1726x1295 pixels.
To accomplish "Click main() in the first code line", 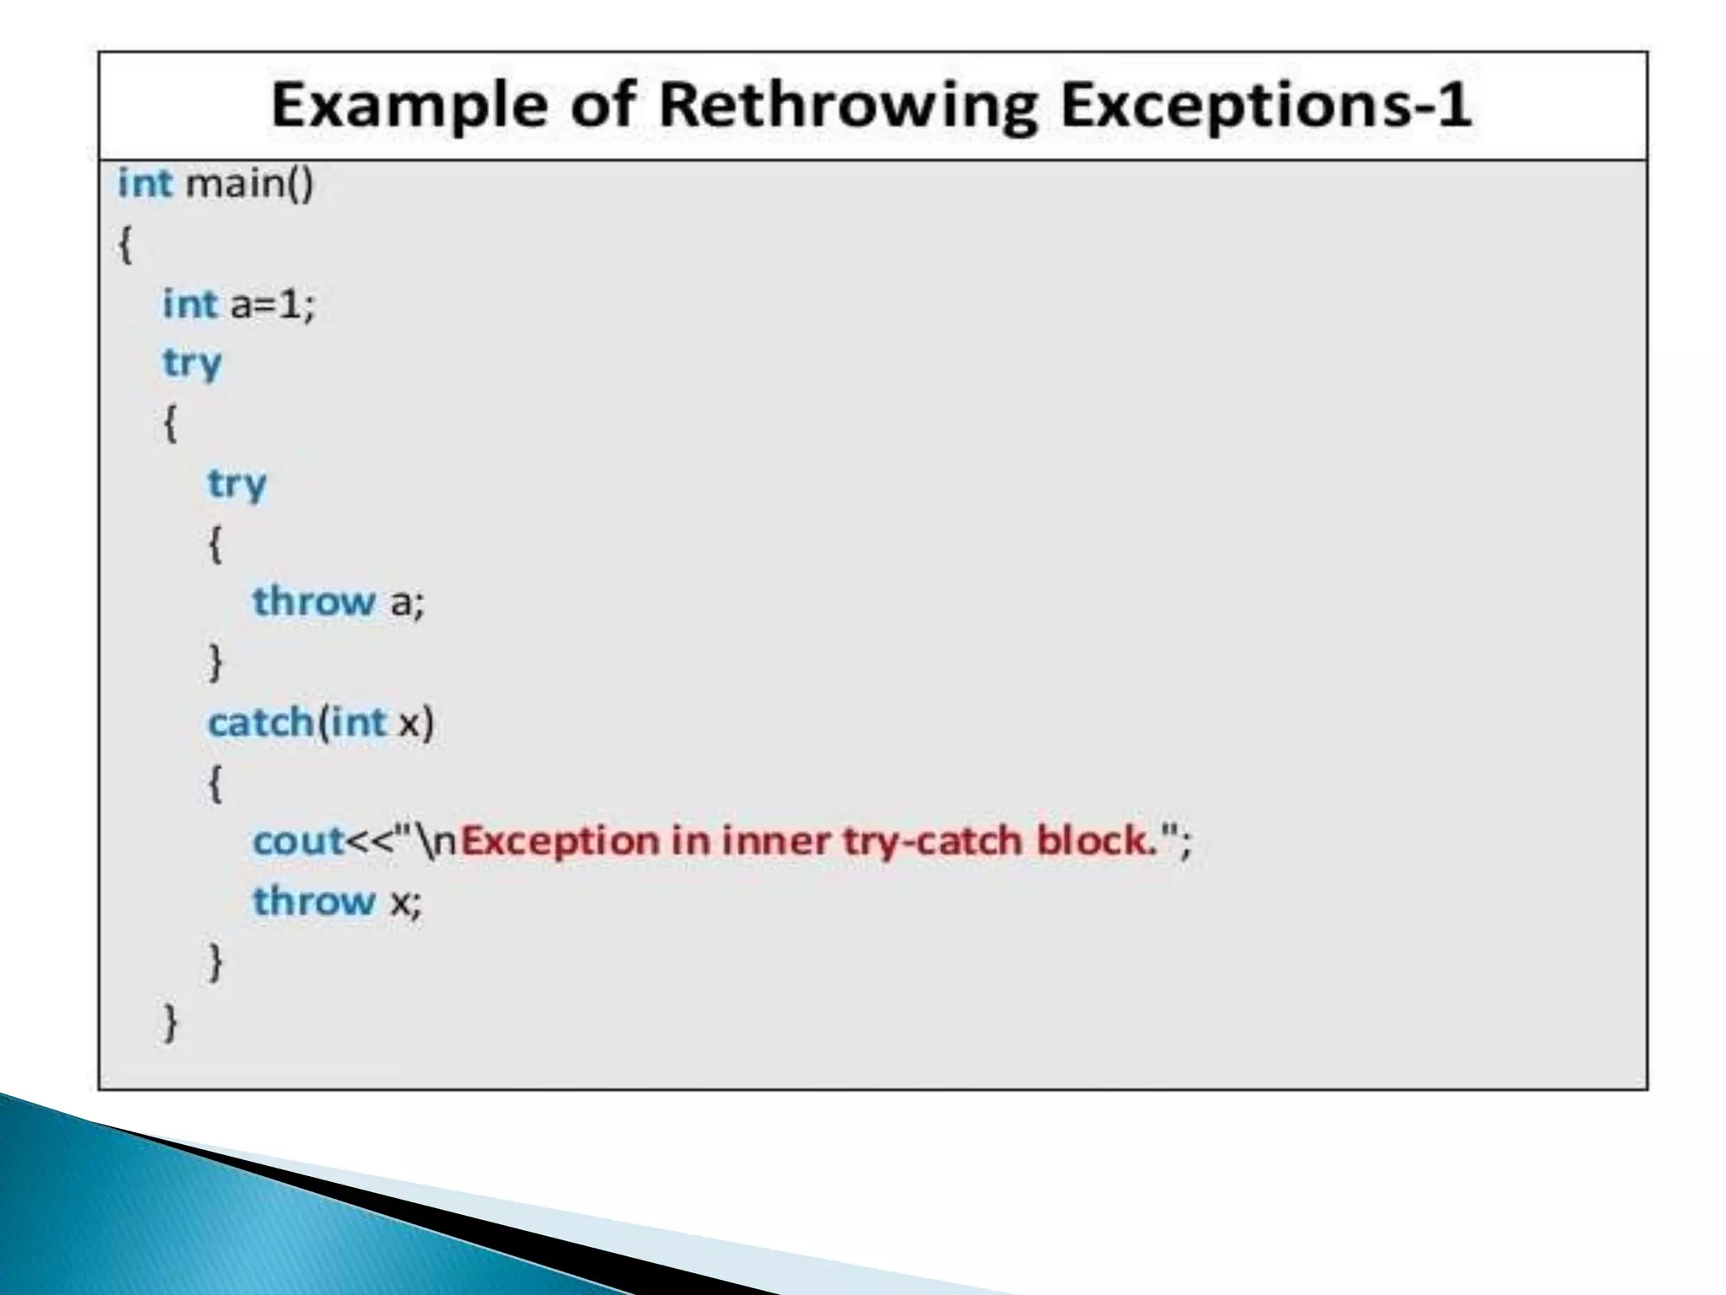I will pos(249,183).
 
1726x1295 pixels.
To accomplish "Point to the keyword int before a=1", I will pos(190,304).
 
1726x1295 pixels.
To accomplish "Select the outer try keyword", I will pos(192,363).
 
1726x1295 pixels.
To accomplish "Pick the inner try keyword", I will pos(237,484).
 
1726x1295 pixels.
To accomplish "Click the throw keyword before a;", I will pos(314,602).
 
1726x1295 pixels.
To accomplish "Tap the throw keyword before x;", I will pos(314,901).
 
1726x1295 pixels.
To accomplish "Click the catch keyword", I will pos(260,723).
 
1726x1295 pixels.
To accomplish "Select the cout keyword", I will pos(298,841).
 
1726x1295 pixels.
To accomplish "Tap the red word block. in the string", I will pos(1096,841).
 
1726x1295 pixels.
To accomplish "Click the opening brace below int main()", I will pos(125,245).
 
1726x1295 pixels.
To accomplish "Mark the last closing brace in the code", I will pos(170,1022).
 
